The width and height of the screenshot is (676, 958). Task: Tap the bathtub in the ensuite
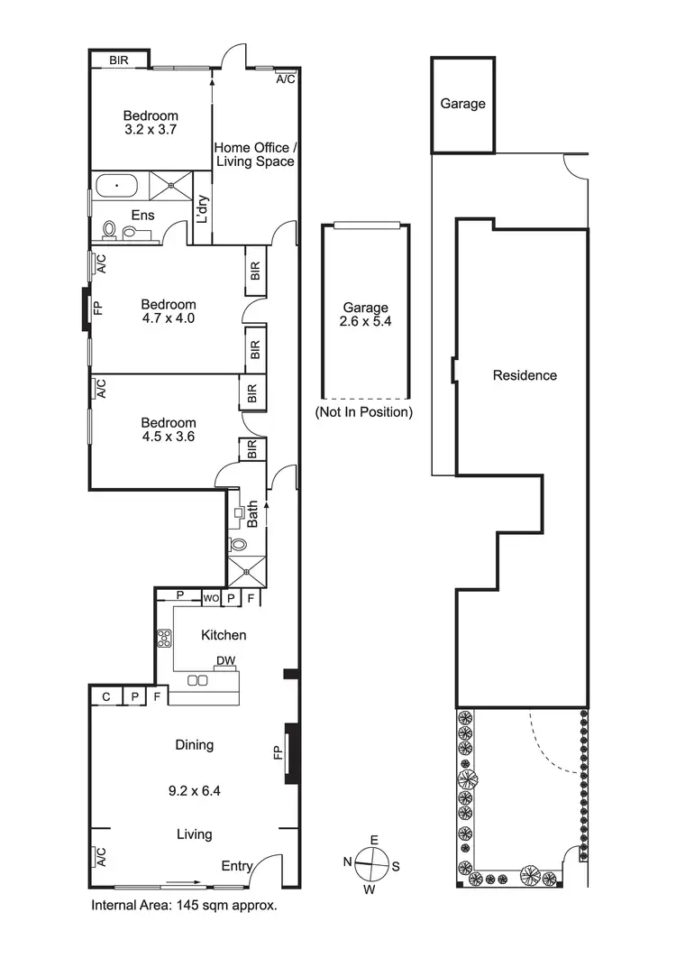click(116, 187)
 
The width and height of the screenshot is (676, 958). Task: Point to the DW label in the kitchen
click(225, 661)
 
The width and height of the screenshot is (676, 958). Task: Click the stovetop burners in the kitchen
click(166, 640)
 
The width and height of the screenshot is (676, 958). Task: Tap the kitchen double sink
click(197, 679)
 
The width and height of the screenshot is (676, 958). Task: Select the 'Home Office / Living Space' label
click(253, 154)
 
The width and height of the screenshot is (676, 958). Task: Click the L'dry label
click(203, 209)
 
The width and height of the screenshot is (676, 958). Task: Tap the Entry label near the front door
click(237, 866)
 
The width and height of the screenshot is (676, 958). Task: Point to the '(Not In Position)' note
click(363, 412)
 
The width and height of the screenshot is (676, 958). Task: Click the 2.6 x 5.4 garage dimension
click(363, 321)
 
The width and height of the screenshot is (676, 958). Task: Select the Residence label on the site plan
click(525, 375)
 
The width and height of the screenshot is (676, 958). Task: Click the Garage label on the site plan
click(462, 104)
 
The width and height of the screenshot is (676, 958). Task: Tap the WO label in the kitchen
click(210, 597)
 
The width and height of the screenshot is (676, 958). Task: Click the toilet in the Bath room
click(239, 545)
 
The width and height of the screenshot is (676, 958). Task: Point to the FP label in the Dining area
click(279, 751)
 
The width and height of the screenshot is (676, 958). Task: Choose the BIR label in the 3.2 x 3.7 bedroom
click(119, 60)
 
